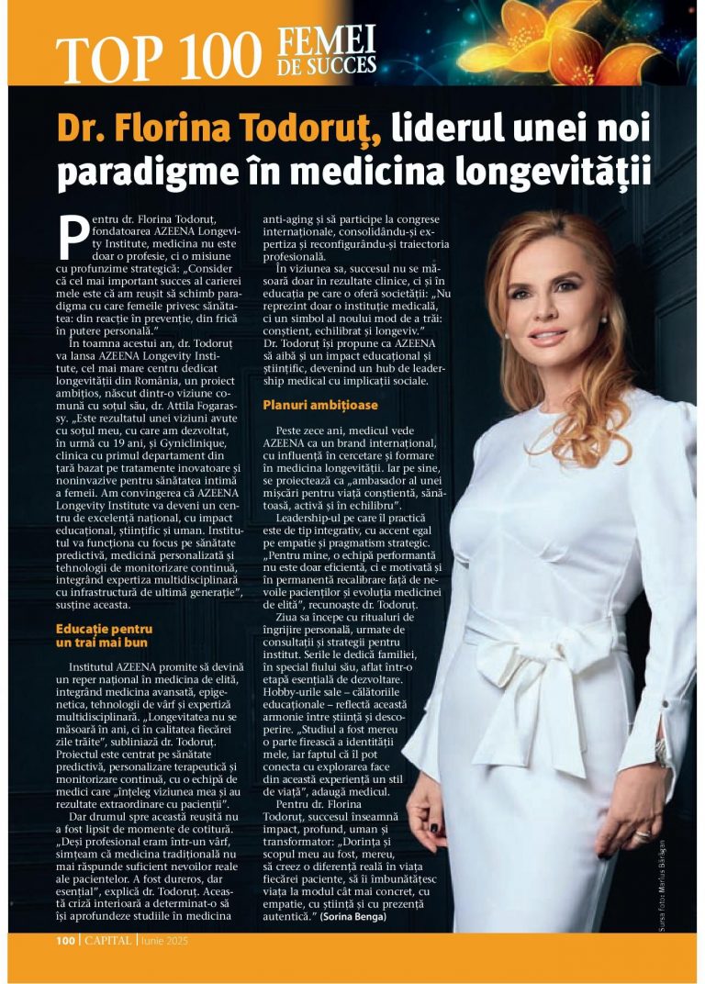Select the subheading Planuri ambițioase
pos(319,405)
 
